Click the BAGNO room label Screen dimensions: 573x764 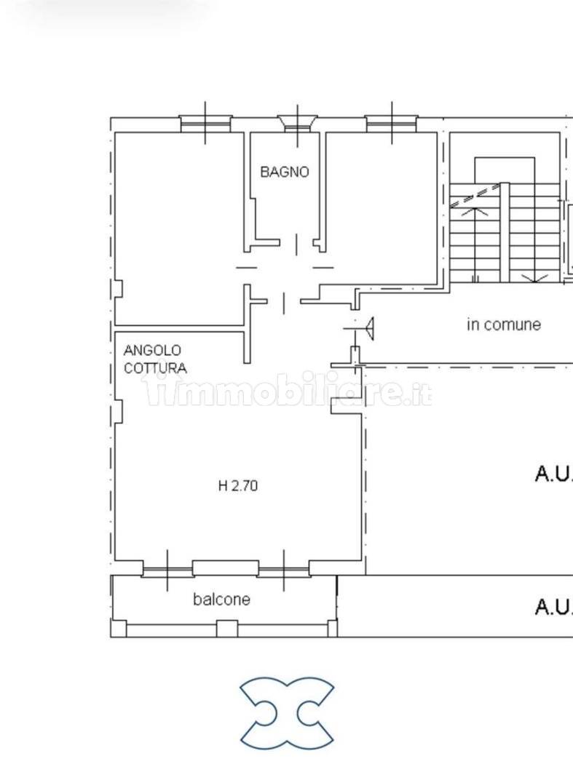[284, 172]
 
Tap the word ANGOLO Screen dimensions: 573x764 [152, 350]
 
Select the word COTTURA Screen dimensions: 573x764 [155, 368]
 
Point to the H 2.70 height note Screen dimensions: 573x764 [238, 486]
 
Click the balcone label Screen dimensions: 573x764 [221, 599]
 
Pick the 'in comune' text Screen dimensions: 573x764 [504, 325]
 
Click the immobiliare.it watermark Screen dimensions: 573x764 [288, 391]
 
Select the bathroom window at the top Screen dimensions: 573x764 [297, 124]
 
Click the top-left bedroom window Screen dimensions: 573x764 [205, 124]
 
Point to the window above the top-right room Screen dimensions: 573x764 [392, 124]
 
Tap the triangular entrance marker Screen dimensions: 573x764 [370, 329]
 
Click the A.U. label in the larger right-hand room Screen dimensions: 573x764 [554, 474]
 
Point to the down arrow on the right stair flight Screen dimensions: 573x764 [534, 278]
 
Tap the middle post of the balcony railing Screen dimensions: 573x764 [226, 629]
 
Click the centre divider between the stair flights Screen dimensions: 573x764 [505, 232]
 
